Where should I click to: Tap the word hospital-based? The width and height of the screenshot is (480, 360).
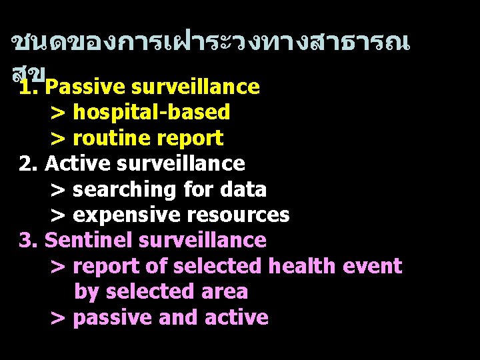(151, 112)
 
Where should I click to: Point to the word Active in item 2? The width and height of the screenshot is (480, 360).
(71, 163)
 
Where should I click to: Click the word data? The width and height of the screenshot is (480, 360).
(243, 189)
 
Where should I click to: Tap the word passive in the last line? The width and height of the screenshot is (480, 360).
(113, 318)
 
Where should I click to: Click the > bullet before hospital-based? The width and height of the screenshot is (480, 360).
(58, 113)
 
